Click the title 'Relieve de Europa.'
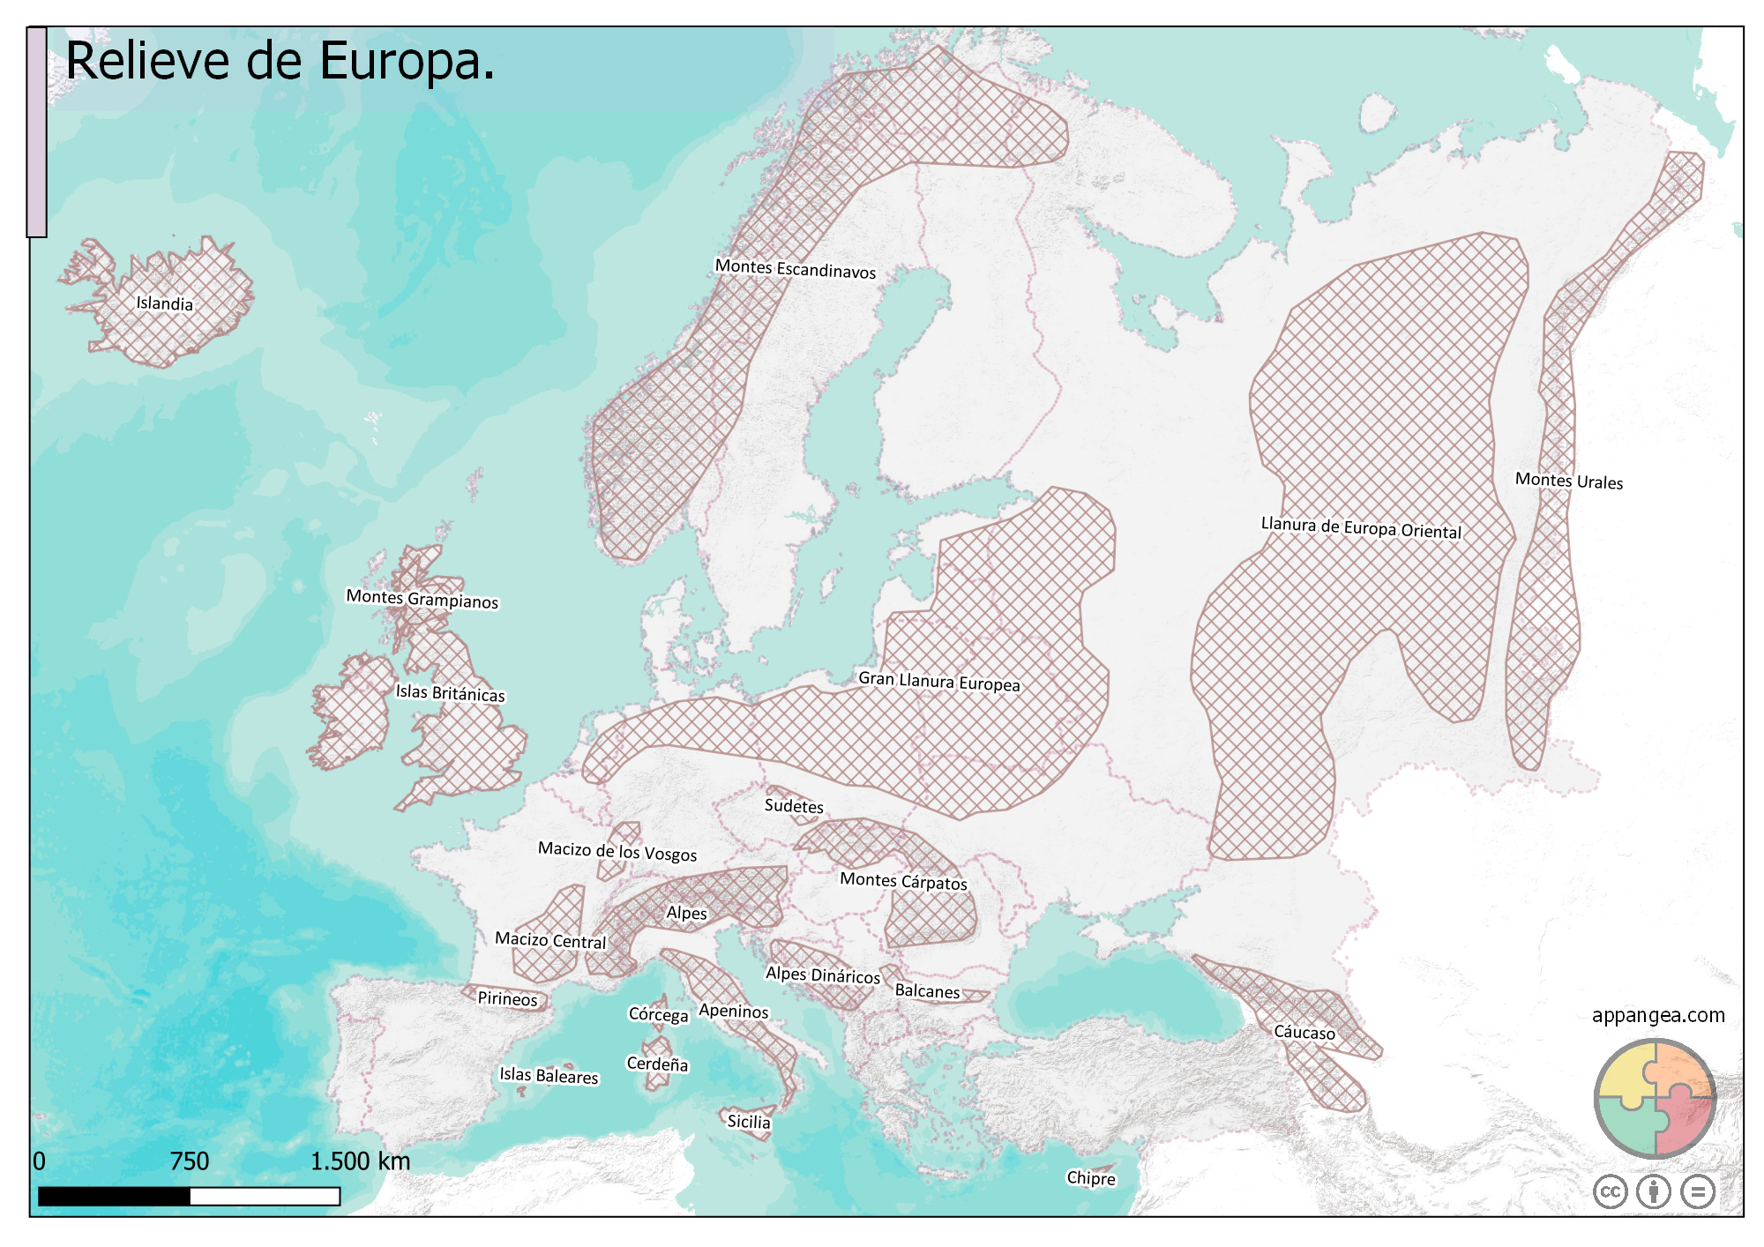tap(280, 61)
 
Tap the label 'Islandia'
tap(164, 303)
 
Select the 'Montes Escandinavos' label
tap(795, 268)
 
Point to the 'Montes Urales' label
tap(1568, 481)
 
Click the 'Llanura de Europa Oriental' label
tap(1360, 527)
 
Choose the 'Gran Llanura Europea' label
tap(938, 682)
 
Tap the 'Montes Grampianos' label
tap(422, 599)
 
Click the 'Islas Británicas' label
tap(450, 693)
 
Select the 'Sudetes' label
tap(794, 806)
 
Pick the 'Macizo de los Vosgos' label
tap(617, 851)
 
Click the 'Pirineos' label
tap(507, 998)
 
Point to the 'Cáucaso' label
tap(1304, 1032)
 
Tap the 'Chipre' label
tap(1090, 1178)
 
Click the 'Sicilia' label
tap(748, 1122)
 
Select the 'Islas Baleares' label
tap(549, 1075)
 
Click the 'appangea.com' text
tap(1658, 1015)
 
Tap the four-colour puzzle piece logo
tap(1655, 1098)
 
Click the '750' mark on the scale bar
tap(190, 1161)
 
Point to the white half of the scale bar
tap(265, 1196)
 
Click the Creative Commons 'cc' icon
tap(1611, 1191)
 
